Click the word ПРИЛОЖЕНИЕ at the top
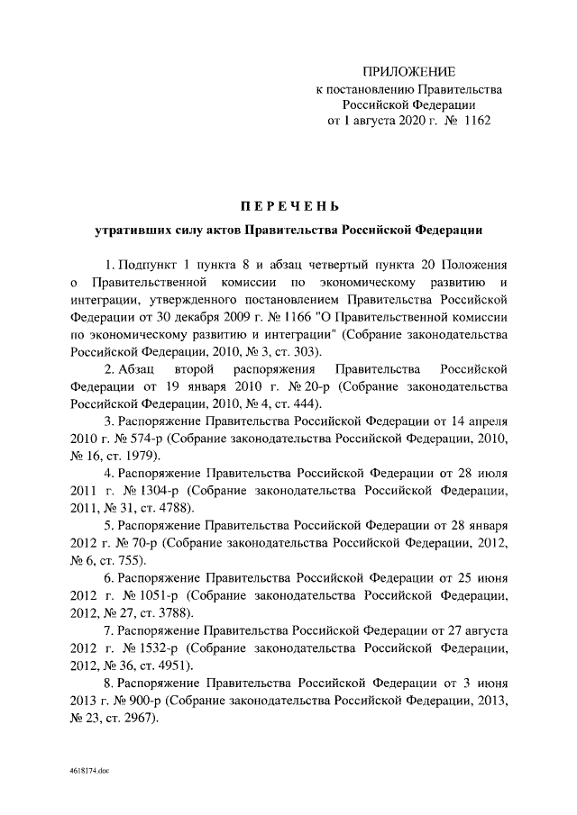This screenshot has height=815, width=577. coord(408,71)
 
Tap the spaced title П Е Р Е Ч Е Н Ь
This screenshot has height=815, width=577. coord(288,207)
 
